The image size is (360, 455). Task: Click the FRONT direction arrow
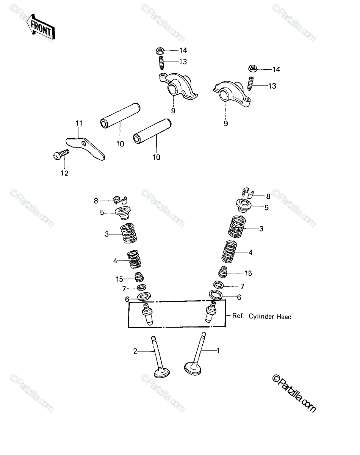click(x=41, y=27)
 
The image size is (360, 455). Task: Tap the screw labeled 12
click(x=61, y=155)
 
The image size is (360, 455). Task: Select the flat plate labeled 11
click(x=85, y=149)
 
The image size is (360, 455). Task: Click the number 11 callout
click(x=79, y=123)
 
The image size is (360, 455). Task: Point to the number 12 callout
click(x=65, y=173)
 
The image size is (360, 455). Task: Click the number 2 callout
click(x=135, y=351)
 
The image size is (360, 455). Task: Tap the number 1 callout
click(x=218, y=351)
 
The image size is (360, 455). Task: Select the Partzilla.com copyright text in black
click(x=294, y=393)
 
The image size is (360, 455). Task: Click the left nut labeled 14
click(x=160, y=51)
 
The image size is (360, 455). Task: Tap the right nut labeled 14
click(x=252, y=69)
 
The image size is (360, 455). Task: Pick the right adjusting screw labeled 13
click(x=250, y=83)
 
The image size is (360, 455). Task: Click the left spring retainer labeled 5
click(x=123, y=213)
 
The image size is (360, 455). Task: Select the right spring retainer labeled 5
click(x=244, y=205)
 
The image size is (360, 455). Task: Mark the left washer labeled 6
click(x=144, y=297)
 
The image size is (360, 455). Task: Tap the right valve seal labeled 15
click(x=223, y=272)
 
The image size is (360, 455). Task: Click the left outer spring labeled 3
click(x=128, y=233)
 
